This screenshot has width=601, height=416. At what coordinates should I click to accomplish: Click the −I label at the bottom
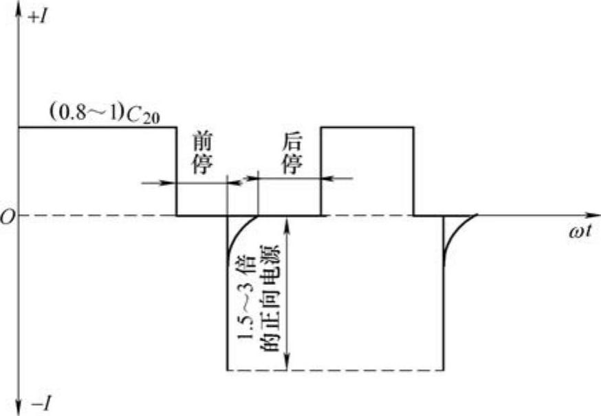click(39, 403)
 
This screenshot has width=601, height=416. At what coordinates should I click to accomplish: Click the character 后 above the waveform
click(292, 142)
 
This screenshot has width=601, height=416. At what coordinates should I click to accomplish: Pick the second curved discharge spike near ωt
click(455, 233)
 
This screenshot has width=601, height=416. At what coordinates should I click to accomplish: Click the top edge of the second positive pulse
click(367, 127)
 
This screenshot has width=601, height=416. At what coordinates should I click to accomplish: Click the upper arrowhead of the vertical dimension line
click(292, 223)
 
